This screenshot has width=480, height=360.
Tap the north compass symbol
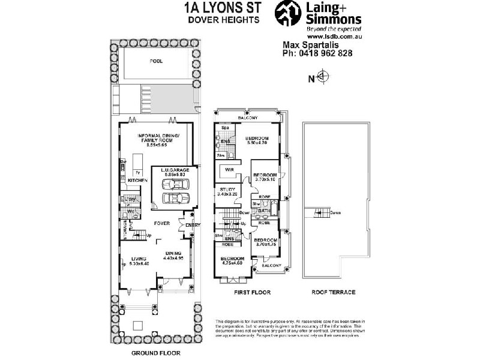[322, 77]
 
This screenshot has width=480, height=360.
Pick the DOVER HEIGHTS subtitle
[223, 19]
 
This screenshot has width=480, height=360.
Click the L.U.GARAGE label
[175, 170]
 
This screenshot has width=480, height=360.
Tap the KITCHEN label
[137, 180]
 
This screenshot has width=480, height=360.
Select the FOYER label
[161, 223]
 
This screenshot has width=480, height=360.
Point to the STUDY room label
[227, 190]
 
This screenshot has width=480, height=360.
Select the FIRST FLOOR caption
[252, 292]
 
